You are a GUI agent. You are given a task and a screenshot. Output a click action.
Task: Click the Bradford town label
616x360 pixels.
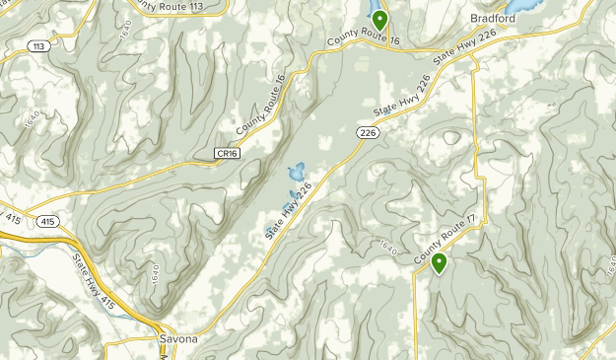point(493,19)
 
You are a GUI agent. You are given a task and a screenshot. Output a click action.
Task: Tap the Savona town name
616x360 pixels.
point(178,340)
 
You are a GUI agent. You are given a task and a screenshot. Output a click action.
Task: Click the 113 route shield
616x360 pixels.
point(39,46)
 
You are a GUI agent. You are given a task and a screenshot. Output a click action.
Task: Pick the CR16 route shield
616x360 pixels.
point(227,153)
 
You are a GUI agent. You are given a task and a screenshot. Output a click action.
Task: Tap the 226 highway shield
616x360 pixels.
point(368,132)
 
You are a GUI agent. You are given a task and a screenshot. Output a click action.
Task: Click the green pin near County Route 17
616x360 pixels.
point(439,262)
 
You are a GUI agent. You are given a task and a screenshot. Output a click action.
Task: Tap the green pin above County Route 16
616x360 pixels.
point(379,19)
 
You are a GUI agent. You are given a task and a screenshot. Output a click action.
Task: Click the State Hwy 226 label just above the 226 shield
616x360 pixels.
point(395,103)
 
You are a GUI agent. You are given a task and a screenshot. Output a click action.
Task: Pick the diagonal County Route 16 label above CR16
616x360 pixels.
point(260,105)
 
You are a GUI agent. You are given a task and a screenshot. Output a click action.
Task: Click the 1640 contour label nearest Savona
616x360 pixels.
point(155,271)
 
